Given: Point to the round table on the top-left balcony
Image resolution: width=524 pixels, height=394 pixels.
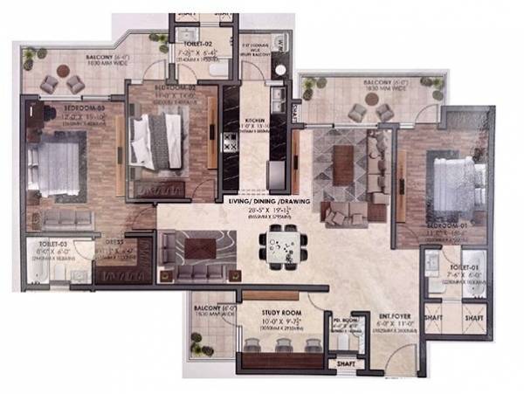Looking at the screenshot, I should tap(62, 73).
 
